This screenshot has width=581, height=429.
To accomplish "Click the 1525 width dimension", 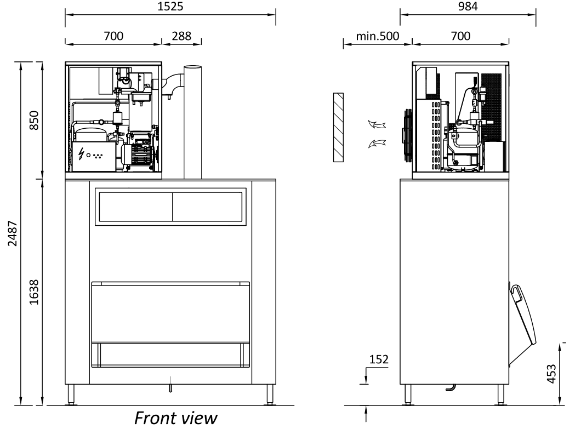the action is click(170, 6).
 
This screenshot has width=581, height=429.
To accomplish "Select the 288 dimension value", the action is click(181, 36).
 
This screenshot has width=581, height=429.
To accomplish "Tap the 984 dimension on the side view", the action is click(468, 6).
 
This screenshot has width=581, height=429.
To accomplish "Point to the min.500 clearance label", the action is click(378, 36).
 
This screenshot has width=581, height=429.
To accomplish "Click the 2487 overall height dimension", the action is click(13, 233).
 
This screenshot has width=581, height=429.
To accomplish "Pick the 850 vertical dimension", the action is click(34, 120).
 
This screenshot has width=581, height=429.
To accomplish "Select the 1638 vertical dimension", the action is click(34, 292).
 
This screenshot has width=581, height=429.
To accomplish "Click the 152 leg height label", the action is click(379, 359).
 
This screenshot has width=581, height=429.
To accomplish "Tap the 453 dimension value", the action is click(551, 374).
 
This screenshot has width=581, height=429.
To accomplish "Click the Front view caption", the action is click(175, 418).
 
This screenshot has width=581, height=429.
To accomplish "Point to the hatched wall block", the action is click(338, 127).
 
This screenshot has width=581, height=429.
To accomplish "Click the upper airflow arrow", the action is click(377, 124).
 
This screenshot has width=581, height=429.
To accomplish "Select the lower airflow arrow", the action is click(377, 143).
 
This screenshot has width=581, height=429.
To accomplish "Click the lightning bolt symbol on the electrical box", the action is click(81, 154).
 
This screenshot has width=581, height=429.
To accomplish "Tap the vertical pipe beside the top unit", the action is click(193, 122).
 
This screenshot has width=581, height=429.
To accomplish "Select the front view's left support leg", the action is click(71, 394).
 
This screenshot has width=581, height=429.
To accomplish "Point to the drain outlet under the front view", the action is click(170, 385).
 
